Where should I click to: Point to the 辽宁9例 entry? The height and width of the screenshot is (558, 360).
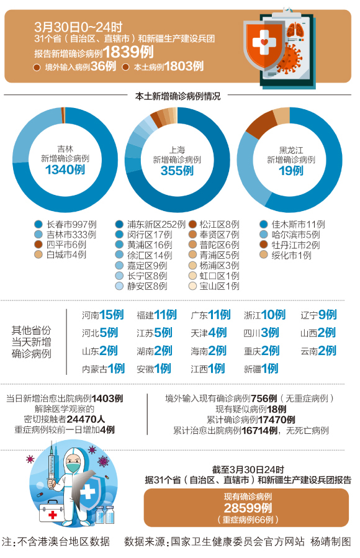click(x=318, y=315)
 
